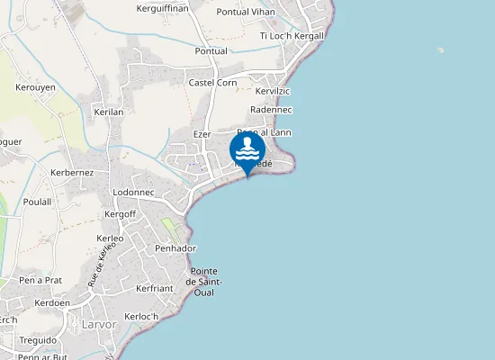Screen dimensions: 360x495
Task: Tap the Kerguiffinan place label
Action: [163, 9]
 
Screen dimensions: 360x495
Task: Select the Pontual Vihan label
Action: [246, 13]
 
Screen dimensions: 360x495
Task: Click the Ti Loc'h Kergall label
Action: [291, 36]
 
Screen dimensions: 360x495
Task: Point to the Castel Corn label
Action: [212, 83]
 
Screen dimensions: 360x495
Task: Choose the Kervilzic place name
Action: [273, 92]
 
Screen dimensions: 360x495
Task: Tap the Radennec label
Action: [270, 109]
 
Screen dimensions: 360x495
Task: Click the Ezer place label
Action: [202, 134]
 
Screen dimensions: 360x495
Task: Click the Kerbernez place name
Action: [72, 172]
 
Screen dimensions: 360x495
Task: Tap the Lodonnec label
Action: [134, 193]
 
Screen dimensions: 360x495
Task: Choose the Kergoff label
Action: [120, 214]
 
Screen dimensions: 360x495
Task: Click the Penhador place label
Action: [175, 247]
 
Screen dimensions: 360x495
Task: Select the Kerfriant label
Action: [153, 288]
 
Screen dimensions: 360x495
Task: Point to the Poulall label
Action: [37, 202]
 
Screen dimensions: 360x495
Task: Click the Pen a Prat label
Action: [40, 280]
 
